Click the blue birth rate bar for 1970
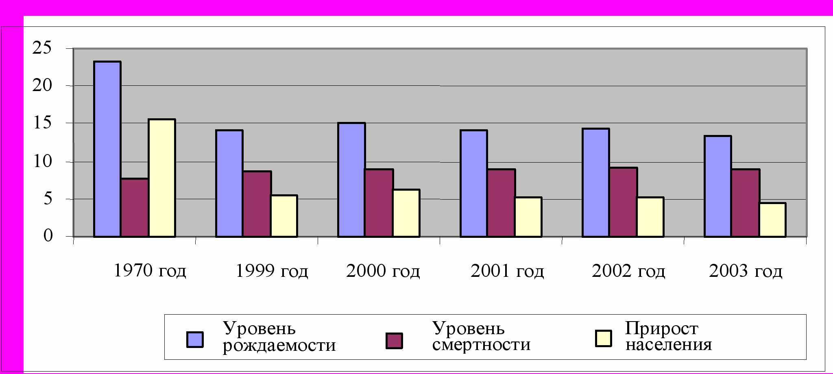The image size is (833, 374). (x=107, y=149)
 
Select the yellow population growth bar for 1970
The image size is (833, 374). (x=162, y=178)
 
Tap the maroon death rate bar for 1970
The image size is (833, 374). (x=135, y=207)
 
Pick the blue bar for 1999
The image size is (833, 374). (x=229, y=183)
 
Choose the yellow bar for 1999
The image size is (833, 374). (x=284, y=216)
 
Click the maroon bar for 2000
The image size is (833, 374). (x=379, y=203)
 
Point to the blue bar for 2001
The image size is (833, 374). (x=473, y=183)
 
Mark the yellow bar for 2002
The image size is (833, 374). (x=650, y=217)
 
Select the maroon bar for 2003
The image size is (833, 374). (x=745, y=203)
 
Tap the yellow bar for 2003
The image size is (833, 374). (x=772, y=220)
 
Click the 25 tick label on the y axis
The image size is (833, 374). (x=42, y=48)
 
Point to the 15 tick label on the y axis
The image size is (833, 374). (x=42, y=123)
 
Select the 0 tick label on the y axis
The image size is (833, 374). (x=48, y=235)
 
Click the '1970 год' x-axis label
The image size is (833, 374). (x=150, y=271)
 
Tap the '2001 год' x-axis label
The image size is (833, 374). (x=507, y=271)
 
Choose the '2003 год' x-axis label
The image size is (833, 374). (x=745, y=271)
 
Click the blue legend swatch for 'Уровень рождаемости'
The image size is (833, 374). (x=195, y=339)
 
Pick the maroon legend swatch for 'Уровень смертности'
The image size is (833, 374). (x=394, y=341)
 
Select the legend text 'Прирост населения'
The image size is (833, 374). (x=668, y=337)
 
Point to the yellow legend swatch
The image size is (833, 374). (x=603, y=339)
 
